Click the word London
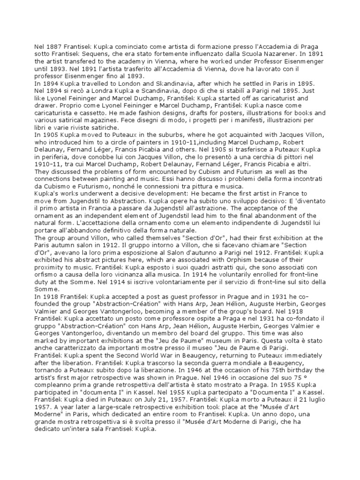coord(122,85)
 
